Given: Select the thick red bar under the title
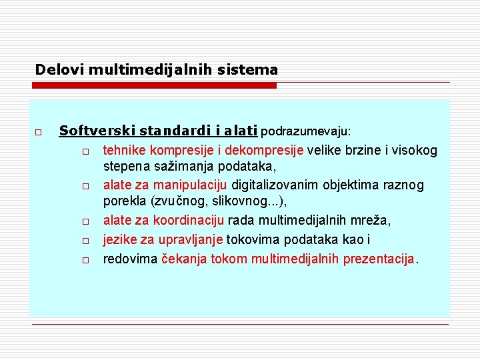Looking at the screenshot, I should click(153, 85).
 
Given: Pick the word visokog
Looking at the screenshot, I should click(416, 150).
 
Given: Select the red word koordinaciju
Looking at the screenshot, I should click(191, 221).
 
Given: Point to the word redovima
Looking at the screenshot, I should click(130, 259).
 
